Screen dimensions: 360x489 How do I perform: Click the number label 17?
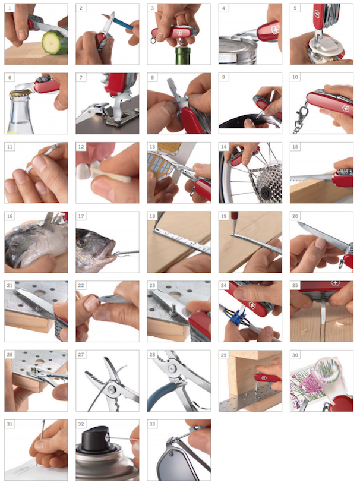point(81,216)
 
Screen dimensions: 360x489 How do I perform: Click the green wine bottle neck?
point(178,55)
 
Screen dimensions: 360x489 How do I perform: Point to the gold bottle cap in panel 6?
point(20,92)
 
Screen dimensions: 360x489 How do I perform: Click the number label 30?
point(295,355)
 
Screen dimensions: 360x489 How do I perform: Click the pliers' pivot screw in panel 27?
point(110,389)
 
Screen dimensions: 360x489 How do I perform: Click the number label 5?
point(295,8)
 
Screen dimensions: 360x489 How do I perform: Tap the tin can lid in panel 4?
point(238,45)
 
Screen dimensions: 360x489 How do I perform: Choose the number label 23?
point(152,285)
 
